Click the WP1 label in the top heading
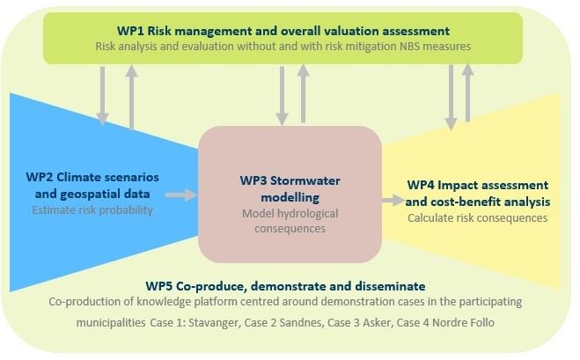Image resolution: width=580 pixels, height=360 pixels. [130, 31]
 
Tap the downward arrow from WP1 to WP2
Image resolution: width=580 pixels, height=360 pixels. [102, 96]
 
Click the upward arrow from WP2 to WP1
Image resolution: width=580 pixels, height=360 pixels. [131, 97]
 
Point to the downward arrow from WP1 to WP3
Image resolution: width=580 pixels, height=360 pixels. [282, 96]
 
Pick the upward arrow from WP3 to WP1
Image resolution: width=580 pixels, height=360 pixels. [303, 93]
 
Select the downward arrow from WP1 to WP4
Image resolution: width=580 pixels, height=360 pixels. [451, 98]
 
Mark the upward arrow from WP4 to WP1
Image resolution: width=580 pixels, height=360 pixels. [468, 93]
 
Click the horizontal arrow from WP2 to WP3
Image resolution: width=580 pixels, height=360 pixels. [181, 195]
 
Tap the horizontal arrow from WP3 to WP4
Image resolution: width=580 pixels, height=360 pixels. [393, 201]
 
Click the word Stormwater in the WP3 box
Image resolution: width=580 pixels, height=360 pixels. [305, 181]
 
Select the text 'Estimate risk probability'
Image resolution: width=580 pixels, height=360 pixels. [92, 210]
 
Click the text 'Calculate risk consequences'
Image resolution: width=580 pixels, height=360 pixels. [478, 218]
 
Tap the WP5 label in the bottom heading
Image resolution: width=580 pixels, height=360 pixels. [159, 286]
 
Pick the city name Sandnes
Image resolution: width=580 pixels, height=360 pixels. [300, 323]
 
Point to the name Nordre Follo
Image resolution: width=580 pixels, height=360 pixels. [464, 323]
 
